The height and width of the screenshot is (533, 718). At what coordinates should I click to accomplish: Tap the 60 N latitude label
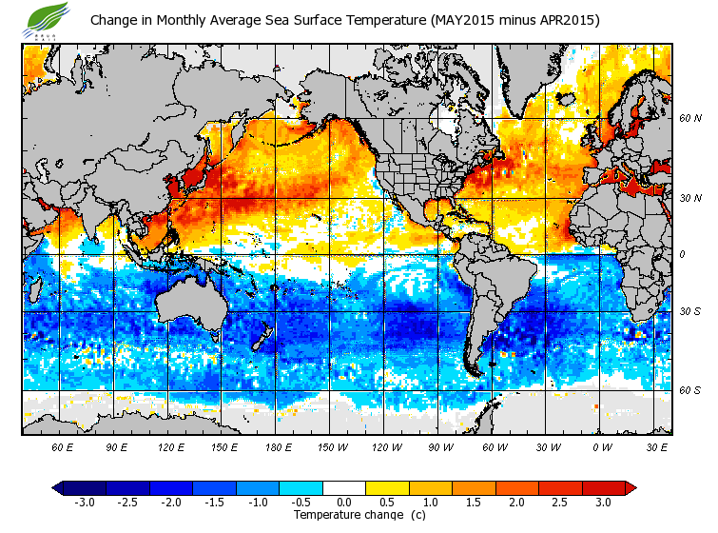(x=690, y=119)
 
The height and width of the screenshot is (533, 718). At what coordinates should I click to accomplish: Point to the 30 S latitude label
(x=690, y=312)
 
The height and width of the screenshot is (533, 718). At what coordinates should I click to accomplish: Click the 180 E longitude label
(x=279, y=446)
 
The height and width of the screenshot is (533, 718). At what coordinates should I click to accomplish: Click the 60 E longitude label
(x=63, y=446)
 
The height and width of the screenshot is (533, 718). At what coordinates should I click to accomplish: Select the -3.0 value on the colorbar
(x=85, y=502)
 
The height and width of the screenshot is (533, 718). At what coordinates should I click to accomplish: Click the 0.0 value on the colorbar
(x=344, y=502)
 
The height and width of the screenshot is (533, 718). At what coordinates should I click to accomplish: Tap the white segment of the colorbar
(x=344, y=487)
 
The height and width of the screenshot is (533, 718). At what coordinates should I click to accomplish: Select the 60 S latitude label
(x=690, y=390)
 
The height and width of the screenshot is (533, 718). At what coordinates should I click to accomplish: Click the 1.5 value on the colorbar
(x=475, y=502)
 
